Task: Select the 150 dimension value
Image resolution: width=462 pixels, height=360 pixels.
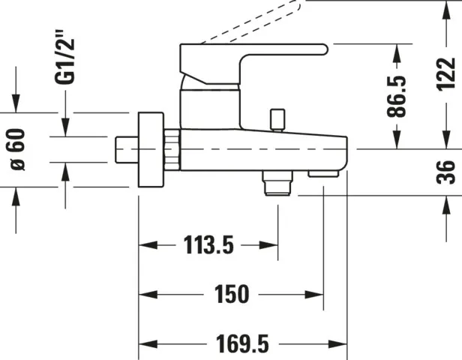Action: tap(232, 294)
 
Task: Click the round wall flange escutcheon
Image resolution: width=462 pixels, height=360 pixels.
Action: tap(150, 150)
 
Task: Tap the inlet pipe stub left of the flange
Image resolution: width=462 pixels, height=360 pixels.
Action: tap(126, 150)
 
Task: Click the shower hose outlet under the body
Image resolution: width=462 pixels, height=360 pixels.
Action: tap(277, 182)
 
